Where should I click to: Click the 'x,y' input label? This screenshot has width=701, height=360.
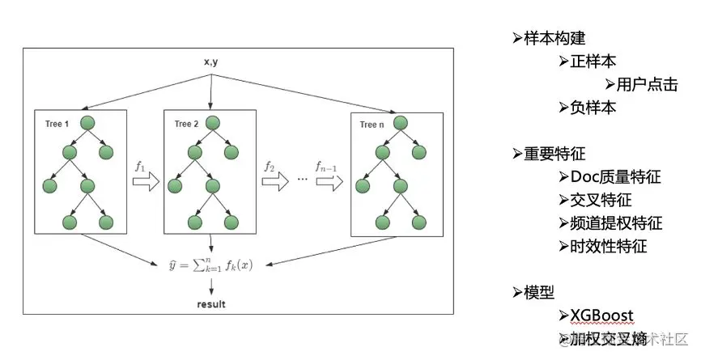(x=210, y=61)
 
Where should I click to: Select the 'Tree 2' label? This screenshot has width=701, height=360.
(x=186, y=124)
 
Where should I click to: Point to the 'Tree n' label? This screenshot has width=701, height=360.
(x=373, y=125)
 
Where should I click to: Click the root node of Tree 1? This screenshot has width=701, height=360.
(x=88, y=123)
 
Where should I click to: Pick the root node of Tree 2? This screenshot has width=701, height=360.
(x=213, y=124)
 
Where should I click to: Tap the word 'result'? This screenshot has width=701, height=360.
(x=211, y=304)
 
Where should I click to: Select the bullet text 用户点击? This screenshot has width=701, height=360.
(x=647, y=84)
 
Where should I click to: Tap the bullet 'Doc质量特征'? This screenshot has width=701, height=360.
(x=616, y=176)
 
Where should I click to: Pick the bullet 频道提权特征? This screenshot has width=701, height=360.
(x=616, y=222)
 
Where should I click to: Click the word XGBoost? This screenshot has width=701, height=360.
(x=601, y=316)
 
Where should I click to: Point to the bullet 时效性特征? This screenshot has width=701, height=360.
(x=609, y=246)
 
